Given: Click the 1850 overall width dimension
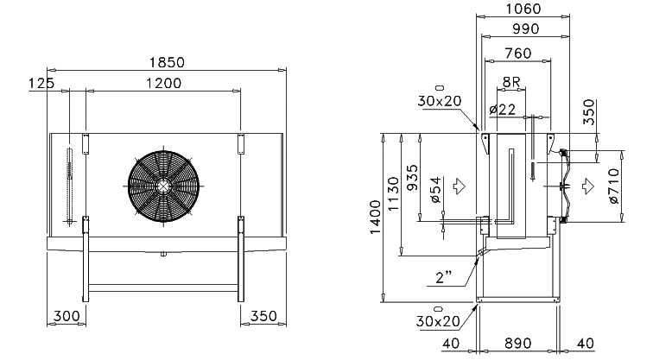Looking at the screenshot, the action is (x=167, y=62).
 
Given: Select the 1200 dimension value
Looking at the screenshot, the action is (x=163, y=83).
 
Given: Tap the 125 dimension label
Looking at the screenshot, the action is (x=41, y=83).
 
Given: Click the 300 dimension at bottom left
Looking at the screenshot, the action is (x=67, y=316).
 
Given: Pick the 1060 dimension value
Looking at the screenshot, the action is (x=523, y=9).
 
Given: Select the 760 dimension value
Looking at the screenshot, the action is (x=518, y=54).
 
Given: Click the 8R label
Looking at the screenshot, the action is (x=511, y=82).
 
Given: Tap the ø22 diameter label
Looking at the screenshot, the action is (x=502, y=110).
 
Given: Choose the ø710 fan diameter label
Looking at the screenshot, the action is (x=614, y=186).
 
